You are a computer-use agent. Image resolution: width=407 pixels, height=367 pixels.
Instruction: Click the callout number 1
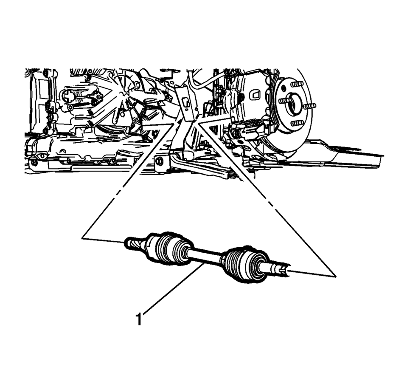[139, 319]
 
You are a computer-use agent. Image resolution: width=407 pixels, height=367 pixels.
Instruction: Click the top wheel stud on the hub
[297, 84]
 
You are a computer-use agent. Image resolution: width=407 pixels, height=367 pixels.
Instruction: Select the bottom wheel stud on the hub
[298, 123]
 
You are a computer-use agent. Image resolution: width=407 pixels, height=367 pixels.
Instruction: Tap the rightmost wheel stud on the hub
[310, 106]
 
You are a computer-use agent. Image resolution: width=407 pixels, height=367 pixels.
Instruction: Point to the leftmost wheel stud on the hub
[283, 101]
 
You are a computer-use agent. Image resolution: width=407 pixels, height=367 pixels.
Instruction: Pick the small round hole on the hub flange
[283, 88]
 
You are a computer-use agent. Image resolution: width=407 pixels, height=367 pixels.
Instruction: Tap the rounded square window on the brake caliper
[254, 95]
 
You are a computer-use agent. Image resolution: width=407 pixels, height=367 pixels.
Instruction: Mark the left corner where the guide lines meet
[82, 237]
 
